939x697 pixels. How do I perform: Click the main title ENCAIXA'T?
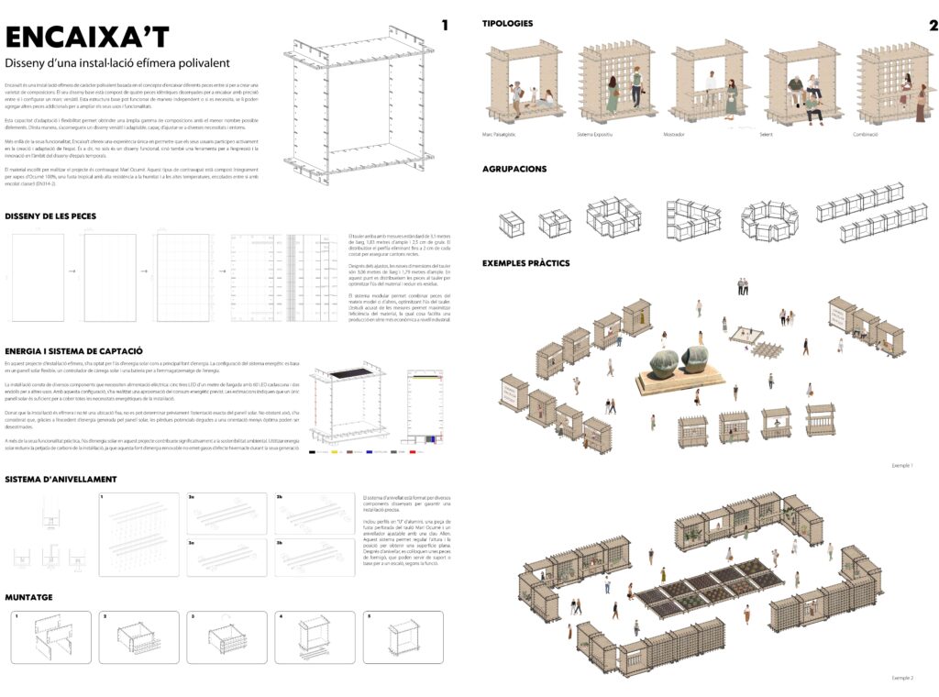[88, 36]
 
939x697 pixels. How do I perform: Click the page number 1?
[446, 26]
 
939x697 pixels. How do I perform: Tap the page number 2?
[933, 26]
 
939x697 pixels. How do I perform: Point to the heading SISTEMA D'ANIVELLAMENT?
[61, 479]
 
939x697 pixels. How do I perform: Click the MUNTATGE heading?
[28, 596]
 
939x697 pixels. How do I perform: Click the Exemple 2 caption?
[902, 678]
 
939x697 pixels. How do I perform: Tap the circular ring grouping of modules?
[767, 216]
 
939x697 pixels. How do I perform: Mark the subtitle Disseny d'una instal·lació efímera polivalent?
[116, 63]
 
